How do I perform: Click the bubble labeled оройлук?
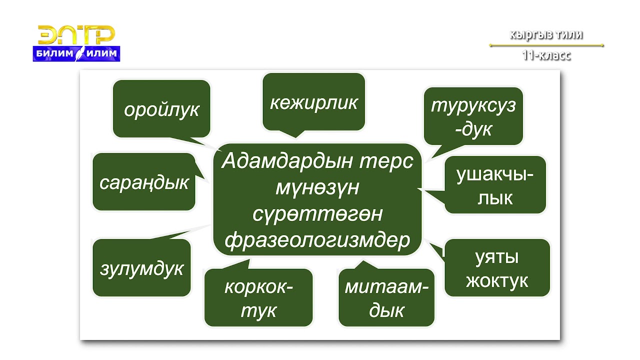(161, 108)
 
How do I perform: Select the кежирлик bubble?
(313, 102)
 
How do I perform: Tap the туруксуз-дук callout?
(473, 116)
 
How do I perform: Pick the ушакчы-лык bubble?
(494, 185)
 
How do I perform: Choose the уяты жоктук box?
(497, 268)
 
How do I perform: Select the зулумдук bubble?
(141, 268)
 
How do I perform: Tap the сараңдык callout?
(143, 182)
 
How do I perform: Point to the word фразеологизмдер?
(317, 240)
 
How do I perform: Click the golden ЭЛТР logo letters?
(76, 35)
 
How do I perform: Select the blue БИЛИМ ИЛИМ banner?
(76, 53)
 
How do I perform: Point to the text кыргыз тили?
(546, 34)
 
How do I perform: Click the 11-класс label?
(546, 55)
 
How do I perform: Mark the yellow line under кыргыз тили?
(546, 45)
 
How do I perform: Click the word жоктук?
(497, 281)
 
